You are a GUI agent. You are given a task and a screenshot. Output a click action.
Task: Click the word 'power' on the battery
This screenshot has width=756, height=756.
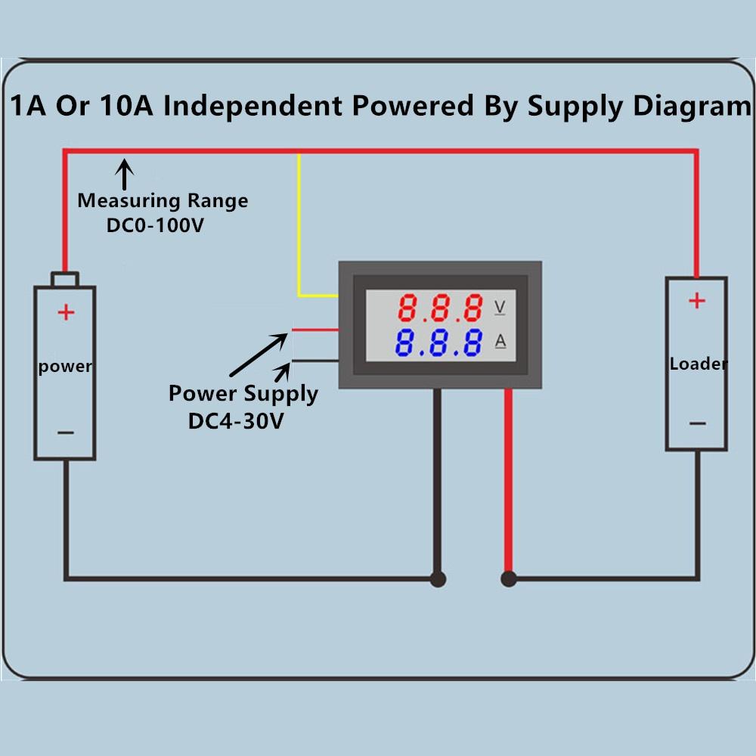click(x=65, y=367)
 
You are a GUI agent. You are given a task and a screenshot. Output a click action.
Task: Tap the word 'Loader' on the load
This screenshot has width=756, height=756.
click(x=699, y=364)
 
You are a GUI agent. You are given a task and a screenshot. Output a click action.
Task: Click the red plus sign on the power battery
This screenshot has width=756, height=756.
click(x=67, y=311)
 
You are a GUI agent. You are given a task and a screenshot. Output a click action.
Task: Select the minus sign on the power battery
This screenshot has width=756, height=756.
click(x=66, y=432)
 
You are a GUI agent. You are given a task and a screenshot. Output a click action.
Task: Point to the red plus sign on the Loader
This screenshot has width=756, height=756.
click(x=696, y=301)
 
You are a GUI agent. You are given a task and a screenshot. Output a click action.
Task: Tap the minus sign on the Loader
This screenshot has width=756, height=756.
click(x=696, y=423)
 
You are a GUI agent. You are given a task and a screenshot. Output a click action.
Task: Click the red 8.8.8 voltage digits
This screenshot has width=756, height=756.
click(x=441, y=308)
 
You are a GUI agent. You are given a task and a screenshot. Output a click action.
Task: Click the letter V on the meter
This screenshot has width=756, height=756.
click(x=500, y=307)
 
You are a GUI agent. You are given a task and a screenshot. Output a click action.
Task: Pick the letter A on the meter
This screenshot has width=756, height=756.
click(x=500, y=342)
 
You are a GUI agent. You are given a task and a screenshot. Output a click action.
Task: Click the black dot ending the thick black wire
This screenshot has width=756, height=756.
click(x=438, y=580)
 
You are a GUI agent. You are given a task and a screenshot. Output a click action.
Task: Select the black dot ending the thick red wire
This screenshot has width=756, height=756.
click(x=509, y=580)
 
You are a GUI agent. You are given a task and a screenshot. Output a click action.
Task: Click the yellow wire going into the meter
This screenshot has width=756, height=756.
click(x=300, y=227)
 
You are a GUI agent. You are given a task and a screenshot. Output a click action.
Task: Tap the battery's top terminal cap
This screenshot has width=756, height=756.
click(x=65, y=279)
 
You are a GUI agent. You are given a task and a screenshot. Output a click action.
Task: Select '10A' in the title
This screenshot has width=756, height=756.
click(x=119, y=105)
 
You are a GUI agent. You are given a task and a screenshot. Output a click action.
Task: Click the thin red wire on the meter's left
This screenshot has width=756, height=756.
click(x=314, y=330)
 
